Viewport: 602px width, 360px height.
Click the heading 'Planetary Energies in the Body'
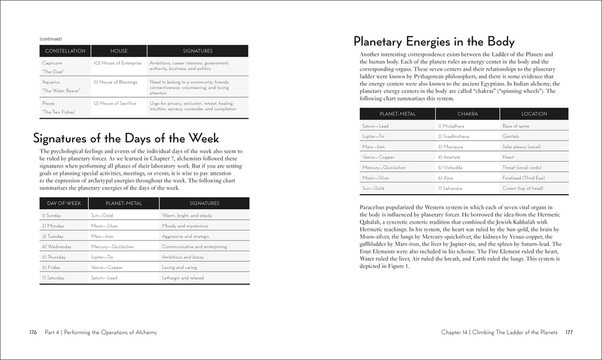(434, 42)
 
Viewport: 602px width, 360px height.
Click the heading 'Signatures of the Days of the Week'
(126, 138)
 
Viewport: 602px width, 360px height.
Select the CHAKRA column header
(467, 114)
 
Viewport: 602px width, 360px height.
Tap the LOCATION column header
(534, 114)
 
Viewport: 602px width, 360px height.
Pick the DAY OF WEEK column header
(63, 203)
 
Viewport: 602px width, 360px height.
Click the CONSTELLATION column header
(65, 51)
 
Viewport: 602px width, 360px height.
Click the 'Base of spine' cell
(516, 126)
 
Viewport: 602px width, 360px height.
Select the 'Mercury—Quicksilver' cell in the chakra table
(384, 168)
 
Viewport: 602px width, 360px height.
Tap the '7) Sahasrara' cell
(452, 188)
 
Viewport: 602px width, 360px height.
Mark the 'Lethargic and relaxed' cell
(183, 278)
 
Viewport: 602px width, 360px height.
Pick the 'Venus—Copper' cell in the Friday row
(107, 268)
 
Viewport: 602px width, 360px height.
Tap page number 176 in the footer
(33, 332)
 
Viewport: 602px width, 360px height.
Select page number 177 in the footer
(569, 332)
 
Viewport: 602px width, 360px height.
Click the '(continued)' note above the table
(51, 39)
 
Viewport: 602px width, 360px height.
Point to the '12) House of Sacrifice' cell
(115, 104)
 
